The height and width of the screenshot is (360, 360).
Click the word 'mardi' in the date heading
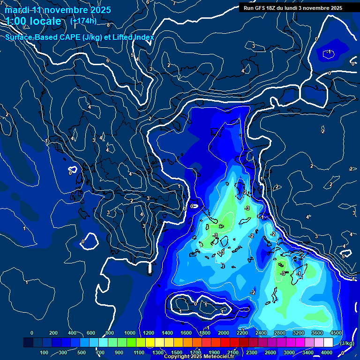point(17,10)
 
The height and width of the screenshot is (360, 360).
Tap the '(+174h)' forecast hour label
point(83,21)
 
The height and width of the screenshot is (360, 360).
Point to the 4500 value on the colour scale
point(336,333)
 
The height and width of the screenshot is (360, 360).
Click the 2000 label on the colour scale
point(224,333)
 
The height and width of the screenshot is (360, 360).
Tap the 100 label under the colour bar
point(45,352)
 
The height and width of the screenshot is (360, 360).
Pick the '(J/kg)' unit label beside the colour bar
point(346,344)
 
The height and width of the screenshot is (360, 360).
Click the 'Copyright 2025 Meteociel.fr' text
point(199,357)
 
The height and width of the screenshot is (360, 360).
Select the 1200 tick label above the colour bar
point(149,333)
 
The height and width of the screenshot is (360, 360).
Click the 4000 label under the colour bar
point(327,352)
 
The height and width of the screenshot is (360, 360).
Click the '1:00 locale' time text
point(34,21)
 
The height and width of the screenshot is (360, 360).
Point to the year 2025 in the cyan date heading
point(100,10)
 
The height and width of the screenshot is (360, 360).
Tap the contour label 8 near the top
point(108,24)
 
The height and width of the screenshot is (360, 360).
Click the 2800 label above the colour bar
point(280,333)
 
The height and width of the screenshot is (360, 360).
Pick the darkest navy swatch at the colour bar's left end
point(28,343)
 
